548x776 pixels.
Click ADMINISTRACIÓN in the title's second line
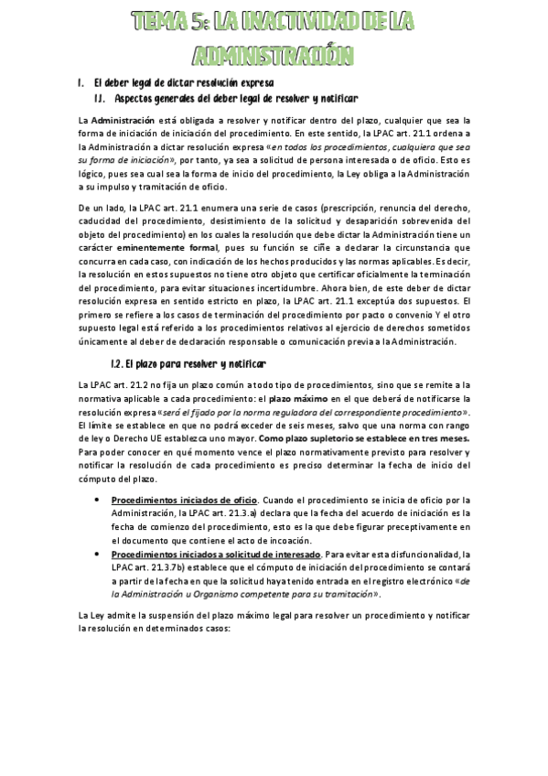pos(274,55)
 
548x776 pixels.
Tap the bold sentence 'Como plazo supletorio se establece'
pos(365,438)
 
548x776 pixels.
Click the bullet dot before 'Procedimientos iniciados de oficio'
pos(98,500)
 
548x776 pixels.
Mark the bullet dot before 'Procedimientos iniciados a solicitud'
pos(98,554)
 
